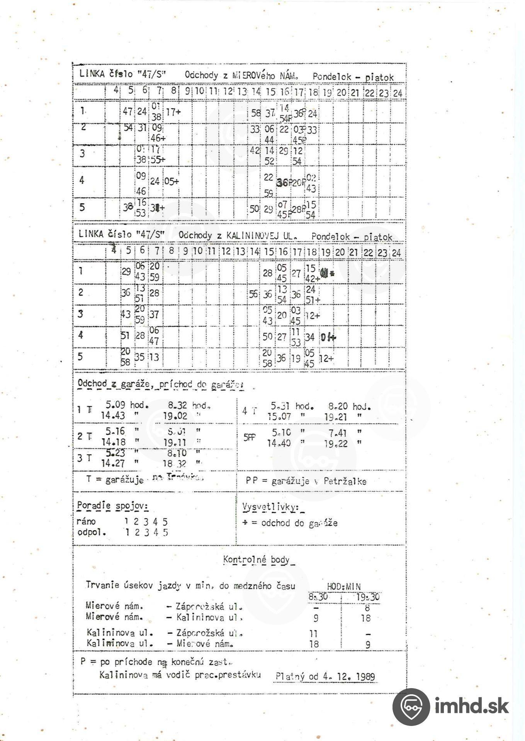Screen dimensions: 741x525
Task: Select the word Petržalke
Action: pos(345,481)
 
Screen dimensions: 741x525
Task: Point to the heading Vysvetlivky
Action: pos(270,507)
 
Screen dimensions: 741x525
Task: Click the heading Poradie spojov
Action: pos(112,506)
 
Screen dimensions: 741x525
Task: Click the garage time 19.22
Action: pos(336,444)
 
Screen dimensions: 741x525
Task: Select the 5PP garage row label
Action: pos(249,438)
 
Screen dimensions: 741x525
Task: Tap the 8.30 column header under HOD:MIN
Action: pos(318,597)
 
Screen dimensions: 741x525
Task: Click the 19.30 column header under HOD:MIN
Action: pos(367,597)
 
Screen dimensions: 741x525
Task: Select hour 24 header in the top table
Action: pos(398,93)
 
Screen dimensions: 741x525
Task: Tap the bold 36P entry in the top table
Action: pos(284,183)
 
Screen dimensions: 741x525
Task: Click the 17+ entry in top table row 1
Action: pos(173,112)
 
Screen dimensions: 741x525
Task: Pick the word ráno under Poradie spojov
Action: pos(86,522)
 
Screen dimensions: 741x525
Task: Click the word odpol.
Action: pos(91,532)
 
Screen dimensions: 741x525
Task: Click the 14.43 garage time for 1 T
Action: pos(113,416)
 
